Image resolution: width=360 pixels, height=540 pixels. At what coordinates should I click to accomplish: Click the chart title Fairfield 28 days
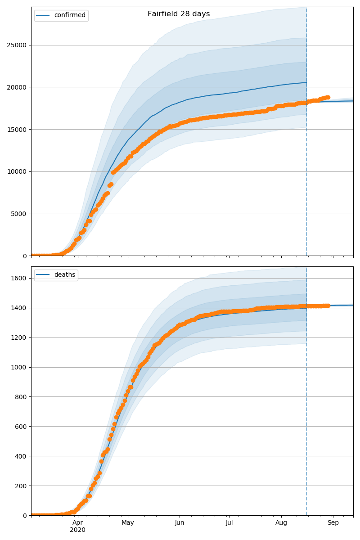[179, 14]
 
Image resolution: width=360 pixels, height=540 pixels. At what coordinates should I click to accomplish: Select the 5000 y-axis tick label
[18, 214]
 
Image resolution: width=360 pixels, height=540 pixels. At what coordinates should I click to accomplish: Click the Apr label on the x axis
[78, 523]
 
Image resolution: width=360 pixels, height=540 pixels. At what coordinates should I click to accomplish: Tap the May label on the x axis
[128, 523]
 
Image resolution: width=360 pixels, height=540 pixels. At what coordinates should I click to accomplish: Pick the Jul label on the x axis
[229, 523]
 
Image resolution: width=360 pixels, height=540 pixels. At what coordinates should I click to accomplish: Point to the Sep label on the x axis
[333, 523]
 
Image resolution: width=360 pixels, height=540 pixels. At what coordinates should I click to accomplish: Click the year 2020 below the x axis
[78, 530]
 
